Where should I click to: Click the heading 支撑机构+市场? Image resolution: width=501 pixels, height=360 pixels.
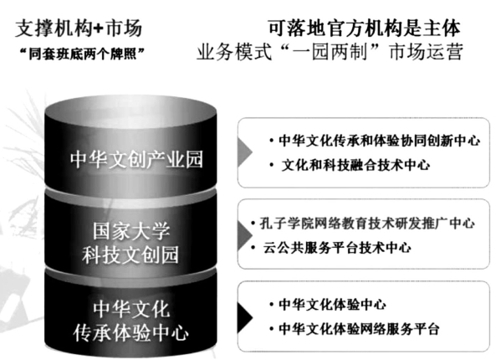click(79, 28)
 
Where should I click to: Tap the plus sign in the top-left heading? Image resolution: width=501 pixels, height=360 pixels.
click(99, 28)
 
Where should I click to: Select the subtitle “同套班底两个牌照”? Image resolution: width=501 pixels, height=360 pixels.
click(82, 54)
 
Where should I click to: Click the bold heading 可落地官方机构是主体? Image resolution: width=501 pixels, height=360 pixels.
click(364, 28)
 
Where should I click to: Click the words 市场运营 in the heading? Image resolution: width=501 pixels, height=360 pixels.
click(426, 52)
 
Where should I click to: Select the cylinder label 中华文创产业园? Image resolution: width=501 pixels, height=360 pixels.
click(136, 159)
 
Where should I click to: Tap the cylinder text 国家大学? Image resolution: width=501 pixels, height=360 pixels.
click(131, 231)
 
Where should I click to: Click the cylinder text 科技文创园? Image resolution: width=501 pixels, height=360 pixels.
click(130, 255)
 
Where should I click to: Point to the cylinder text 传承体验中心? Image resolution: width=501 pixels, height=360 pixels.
click(130, 333)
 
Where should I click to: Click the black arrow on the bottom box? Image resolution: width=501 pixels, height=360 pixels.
click(244, 317)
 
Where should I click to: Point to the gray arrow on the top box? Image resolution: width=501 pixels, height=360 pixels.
click(244, 152)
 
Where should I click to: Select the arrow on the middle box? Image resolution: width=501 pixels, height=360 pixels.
click(244, 235)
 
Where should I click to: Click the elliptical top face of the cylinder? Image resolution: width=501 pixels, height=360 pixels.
click(130, 111)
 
